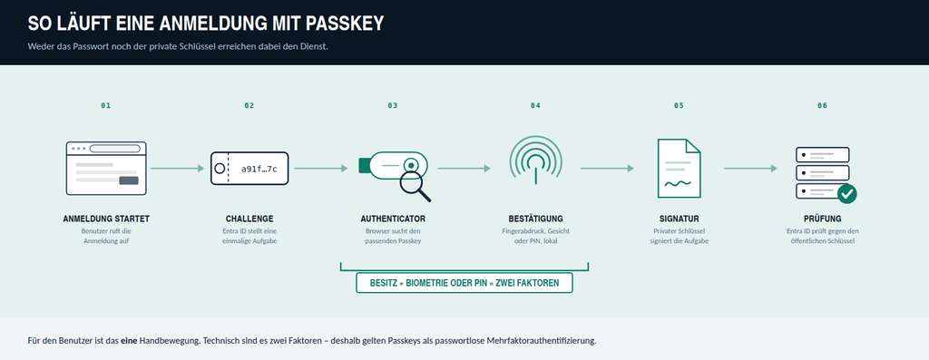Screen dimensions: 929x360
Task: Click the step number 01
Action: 106,105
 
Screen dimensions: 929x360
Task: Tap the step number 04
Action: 535,105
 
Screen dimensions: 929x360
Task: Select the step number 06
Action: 822,105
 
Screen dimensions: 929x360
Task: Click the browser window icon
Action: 106,168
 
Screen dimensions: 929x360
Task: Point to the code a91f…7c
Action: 259,169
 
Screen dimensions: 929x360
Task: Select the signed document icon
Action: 679,168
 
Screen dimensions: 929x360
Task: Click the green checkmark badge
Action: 846,193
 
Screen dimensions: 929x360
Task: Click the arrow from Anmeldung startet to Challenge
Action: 178,169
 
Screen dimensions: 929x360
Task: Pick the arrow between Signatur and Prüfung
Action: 750,169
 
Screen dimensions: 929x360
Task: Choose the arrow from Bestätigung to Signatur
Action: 607,169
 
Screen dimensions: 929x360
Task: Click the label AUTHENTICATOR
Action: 393,219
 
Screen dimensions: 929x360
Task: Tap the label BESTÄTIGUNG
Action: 535,219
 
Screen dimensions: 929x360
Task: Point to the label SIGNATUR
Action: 679,219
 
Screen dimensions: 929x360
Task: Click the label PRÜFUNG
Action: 822,219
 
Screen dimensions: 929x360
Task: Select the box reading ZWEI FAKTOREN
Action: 464,283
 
